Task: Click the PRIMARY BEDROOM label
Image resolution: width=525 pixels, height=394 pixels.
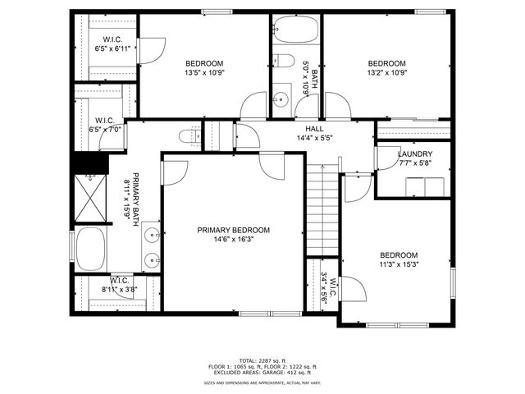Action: [233, 230]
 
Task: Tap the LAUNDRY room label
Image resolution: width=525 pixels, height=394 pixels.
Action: [415, 153]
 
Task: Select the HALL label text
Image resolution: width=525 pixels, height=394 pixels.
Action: [315, 129]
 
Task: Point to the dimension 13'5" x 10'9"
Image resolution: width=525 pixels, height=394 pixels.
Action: [203, 72]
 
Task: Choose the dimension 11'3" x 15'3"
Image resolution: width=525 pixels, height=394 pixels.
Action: [398, 264]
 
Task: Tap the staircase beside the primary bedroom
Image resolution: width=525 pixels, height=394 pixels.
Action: [322, 209]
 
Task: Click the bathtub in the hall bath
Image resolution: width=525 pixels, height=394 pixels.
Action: [296, 30]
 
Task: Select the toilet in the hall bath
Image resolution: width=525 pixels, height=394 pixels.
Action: [283, 60]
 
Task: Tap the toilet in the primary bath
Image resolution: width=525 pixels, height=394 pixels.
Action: [189, 136]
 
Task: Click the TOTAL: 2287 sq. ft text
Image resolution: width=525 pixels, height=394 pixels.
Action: [262, 360]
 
